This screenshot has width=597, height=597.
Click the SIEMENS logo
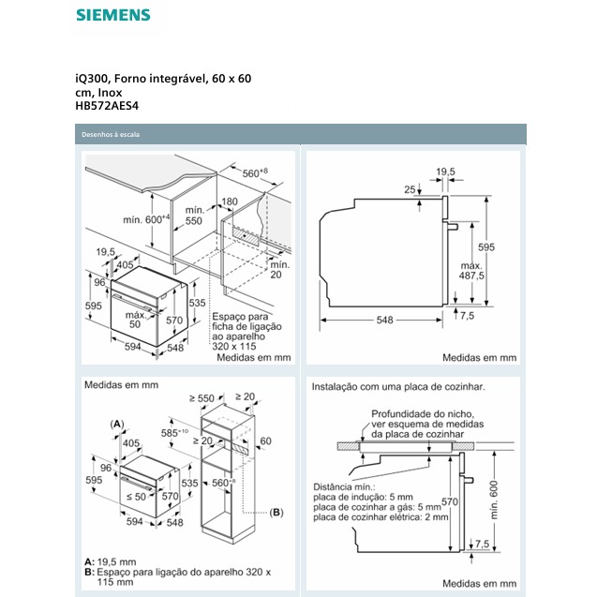click(x=112, y=15)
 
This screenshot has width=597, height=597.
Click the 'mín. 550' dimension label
click(x=194, y=215)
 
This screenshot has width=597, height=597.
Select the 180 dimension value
click(x=231, y=201)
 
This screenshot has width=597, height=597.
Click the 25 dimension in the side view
click(x=409, y=190)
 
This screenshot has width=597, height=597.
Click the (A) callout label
click(x=117, y=425)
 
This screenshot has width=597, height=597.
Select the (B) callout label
click(x=276, y=512)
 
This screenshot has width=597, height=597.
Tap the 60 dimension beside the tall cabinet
click(x=266, y=440)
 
